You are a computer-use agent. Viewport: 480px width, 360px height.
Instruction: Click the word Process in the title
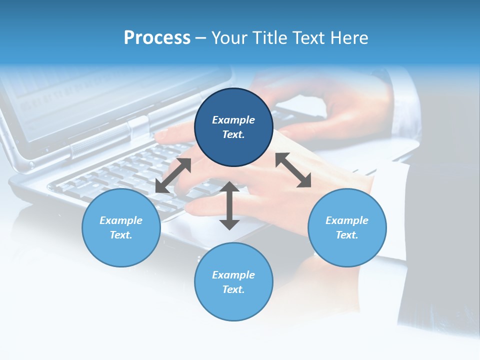[x=157, y=38]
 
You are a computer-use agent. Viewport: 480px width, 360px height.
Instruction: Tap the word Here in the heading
[x=349, y=38]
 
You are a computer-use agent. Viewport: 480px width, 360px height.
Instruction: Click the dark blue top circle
[x=233, y=127]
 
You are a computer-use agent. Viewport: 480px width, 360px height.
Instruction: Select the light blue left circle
[x=121, y=228]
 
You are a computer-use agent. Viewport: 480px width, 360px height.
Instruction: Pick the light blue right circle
[x=347, y=228]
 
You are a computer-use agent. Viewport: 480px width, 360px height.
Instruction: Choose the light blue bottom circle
[x=233, y=282]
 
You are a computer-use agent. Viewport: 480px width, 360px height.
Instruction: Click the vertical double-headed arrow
[x=229, y=205]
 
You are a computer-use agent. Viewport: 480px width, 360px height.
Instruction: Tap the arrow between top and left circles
[x=173, y=175]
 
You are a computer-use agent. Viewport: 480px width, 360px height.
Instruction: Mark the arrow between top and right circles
[x=293, y=170]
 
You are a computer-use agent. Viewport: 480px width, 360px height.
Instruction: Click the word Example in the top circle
[x=233, y=120]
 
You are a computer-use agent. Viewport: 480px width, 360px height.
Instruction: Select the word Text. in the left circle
[x=121, y=235]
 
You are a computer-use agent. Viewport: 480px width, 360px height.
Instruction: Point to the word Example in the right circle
[x=347, y=220]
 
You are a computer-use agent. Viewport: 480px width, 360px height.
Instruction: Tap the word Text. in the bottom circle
[x=233, y=289]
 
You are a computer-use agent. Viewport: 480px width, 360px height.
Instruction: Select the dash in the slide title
[x=201, y=38]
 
